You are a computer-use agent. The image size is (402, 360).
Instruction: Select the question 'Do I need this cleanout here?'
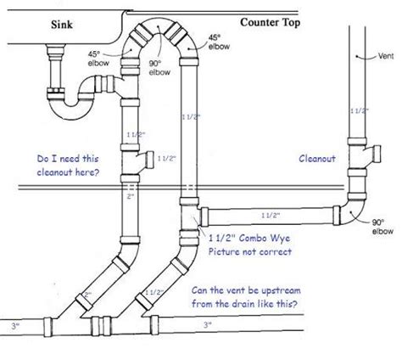(x=57, y=165)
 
